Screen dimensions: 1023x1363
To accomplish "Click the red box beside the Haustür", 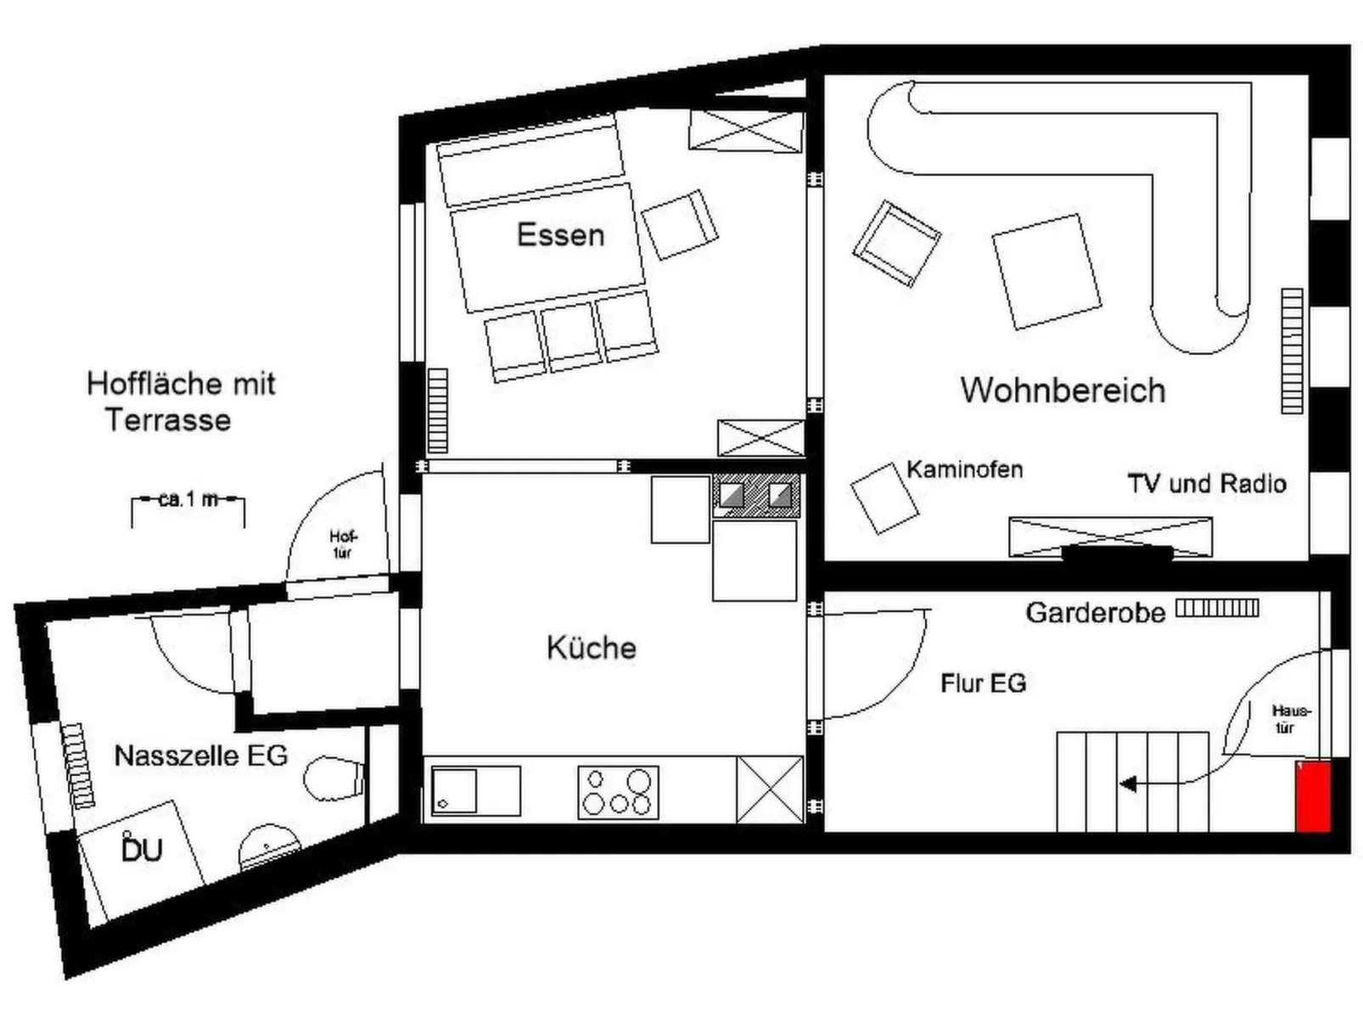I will coord(1312,796).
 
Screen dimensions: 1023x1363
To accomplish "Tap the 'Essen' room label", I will coord(561,235).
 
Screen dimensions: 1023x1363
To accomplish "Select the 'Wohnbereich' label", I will coord(1063,391).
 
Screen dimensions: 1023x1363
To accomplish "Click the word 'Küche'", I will coord(592,648).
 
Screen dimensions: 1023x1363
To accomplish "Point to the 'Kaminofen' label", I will coord(965,469).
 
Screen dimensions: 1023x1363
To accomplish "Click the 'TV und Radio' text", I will coord(1207,484).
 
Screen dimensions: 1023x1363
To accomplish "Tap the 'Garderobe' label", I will coord(1096,612).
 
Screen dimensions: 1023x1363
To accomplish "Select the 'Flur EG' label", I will coord(984,683).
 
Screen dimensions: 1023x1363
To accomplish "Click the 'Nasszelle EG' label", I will coord(201,755).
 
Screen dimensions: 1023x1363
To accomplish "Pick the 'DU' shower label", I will coord(142,850).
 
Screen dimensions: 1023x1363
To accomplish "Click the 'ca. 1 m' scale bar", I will coord(188,501).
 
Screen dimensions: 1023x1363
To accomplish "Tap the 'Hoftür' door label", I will coord(343,544).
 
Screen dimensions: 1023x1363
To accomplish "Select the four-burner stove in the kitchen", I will coord(618,792).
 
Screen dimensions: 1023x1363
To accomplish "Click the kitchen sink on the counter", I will coord(475,790).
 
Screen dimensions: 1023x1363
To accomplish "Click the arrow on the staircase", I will coord(1130,784).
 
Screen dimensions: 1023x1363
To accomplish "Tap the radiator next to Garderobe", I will coord(1217,608).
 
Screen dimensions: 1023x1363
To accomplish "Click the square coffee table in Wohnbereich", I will coord(1046,272).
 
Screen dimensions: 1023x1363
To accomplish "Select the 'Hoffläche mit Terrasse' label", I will coord(180,402).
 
